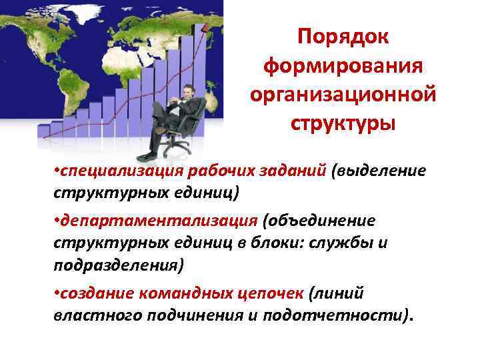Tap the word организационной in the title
(343, 95)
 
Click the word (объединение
(319, 222)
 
